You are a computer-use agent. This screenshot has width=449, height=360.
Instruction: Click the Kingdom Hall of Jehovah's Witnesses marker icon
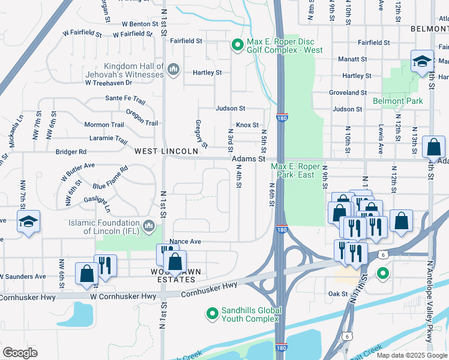[x=173, y=70]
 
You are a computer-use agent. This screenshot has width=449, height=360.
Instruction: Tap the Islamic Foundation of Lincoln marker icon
[x=148, y=227]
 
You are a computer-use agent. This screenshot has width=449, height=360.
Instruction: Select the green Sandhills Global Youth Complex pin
[x=211, y=313]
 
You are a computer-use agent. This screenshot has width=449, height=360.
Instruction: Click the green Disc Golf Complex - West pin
[x=238, y=45]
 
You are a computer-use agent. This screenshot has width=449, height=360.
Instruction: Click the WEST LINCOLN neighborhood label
[x=166, y=151]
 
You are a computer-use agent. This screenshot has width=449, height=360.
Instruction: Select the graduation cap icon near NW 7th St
[x=28, y=221]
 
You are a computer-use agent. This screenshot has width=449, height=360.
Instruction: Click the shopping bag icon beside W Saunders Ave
[x=86, y=274]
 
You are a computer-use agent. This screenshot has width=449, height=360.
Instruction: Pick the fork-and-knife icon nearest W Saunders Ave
[x=105, y=265]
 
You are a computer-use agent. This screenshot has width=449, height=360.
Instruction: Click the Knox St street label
[x=247, y=125]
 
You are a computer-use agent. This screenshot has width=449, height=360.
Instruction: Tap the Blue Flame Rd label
[x=110, y=178]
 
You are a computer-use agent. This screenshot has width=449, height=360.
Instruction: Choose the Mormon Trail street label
[x=104, y=125]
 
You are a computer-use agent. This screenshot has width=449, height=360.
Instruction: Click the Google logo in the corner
[x=20, y=353]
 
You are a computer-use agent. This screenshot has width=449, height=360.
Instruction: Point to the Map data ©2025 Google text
[x=411, y=355]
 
